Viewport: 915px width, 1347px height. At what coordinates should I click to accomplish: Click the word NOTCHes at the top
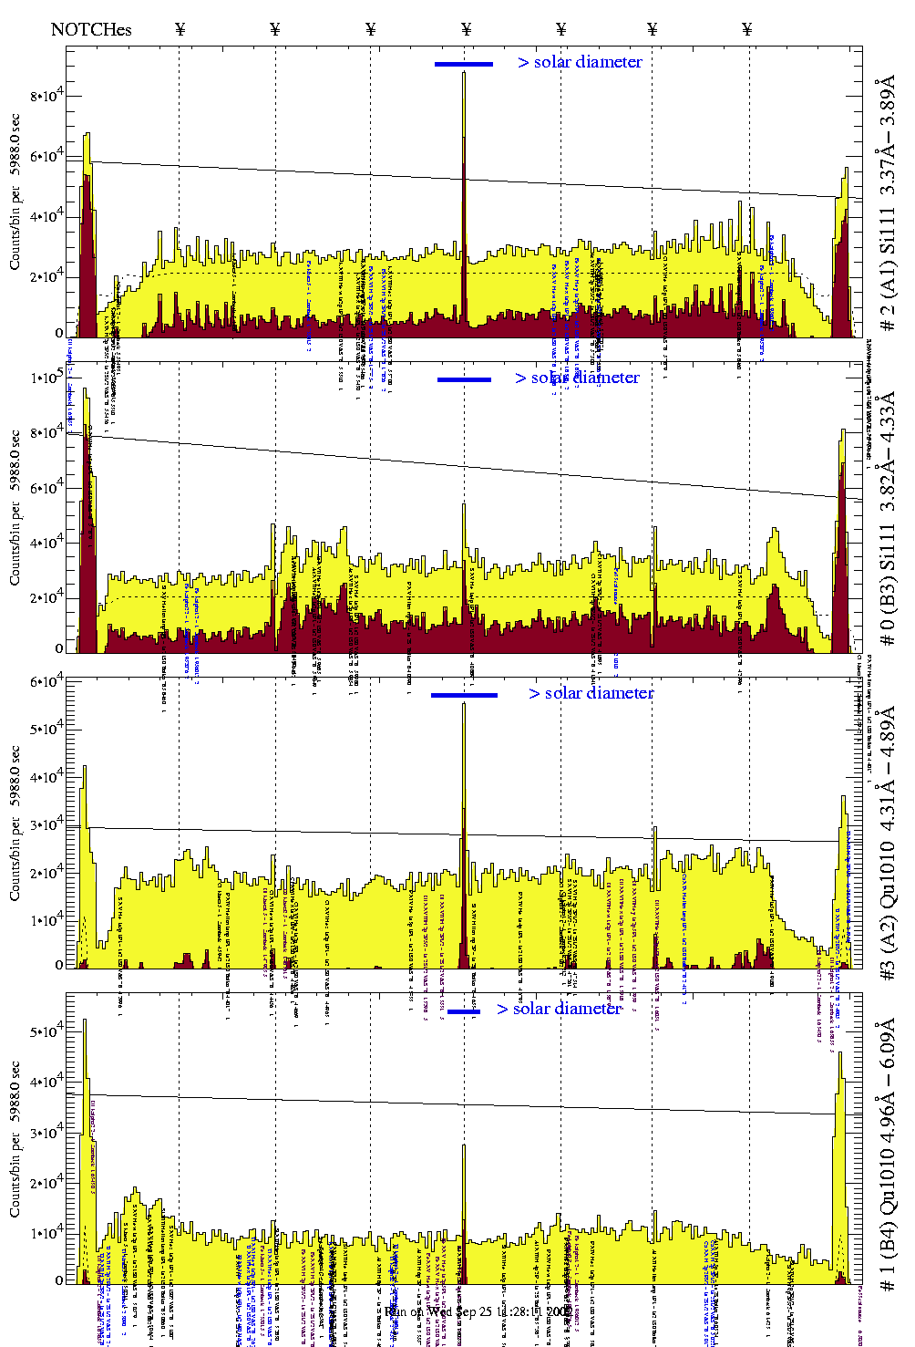click(91, 29)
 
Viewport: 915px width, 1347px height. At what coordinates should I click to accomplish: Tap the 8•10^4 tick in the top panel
click(46, 96)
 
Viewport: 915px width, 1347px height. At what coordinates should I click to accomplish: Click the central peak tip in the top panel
click(464, 73)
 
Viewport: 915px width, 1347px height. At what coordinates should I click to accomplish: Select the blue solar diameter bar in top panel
click(464, 64)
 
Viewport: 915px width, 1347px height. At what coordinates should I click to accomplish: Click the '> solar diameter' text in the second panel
click(577, 378)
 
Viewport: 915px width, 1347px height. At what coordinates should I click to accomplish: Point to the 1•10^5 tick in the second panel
click(46, 378)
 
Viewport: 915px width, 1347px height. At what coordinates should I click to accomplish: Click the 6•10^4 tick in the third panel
click(46, 682)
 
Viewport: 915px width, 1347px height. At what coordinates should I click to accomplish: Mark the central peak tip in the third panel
click(464, 704)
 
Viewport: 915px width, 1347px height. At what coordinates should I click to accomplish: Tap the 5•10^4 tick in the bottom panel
click(46, 1032)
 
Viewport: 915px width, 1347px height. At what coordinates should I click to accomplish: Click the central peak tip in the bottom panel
click(464, 1146)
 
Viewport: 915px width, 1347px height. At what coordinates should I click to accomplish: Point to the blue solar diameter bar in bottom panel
click(464, 1011)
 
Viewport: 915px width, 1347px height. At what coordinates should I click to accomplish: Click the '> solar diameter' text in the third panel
click(591, 693)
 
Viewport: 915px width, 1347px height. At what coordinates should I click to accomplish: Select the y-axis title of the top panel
click(15, 192)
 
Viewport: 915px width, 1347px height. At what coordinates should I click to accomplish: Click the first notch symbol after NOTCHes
click(180, 29)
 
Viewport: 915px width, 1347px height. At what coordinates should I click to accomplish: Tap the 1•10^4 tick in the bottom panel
click(46, 1233)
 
